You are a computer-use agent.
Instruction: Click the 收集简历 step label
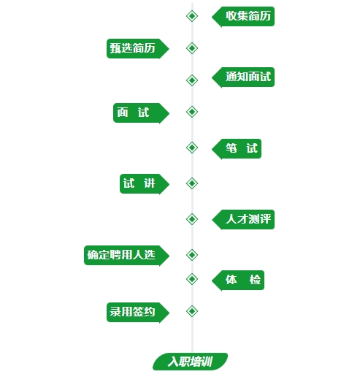[x=243, y=17]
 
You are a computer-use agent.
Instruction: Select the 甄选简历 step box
[x=138, y=48]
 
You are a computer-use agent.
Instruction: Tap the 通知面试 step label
[x=243, y=77]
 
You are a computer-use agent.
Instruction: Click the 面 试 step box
[x=141, y=113]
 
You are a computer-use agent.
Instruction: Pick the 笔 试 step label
[x=237, y=149]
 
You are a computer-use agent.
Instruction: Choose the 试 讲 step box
[x=145, y=184]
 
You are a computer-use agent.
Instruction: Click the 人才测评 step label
[x=243, y=219]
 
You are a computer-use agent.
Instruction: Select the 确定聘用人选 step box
[x=126, y=256]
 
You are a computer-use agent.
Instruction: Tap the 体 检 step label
[x=238, y=281]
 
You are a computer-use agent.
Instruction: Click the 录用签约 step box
[x=138, y=313]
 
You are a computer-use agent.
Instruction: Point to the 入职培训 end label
[x=190, y=362]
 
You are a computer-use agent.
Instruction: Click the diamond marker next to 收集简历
[x=192, y=16]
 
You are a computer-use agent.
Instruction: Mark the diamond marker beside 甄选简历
[x=192, y=48]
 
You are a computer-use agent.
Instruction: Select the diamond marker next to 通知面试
[x=192, y=80]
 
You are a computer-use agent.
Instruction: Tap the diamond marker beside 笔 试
[x=192, y=148]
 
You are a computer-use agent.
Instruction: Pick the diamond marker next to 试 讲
[x=192, y=183]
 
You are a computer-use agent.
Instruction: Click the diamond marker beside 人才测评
[x=192, y=219]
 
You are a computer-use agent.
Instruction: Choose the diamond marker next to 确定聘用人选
[x=192, y=255]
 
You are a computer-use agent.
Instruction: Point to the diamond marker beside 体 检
[x=192, y=279]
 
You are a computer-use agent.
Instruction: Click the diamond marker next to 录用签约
[x=192, y=311]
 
